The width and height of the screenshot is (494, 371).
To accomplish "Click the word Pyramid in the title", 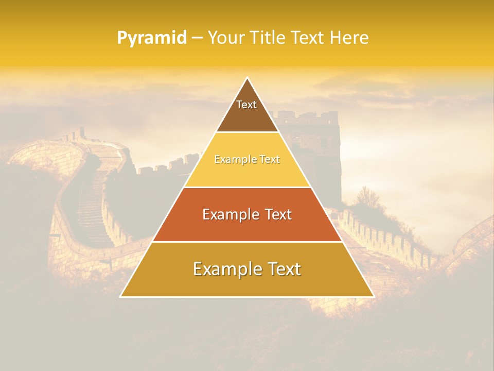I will (152, 38).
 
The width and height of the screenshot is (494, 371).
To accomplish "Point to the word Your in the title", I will (227, 38).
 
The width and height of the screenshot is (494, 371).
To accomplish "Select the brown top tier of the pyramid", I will (247, 116).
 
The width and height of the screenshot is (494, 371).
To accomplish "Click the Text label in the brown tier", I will (246, 105).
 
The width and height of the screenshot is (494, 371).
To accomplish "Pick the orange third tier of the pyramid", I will (247, 227).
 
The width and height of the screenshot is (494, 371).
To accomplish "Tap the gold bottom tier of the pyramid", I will (247, 283).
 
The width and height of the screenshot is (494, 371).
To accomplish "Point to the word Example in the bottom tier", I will (226, 269).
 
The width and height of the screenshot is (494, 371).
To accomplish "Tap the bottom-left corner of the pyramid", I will (121, 296).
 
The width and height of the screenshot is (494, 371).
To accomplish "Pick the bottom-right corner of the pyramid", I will (374, 296).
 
